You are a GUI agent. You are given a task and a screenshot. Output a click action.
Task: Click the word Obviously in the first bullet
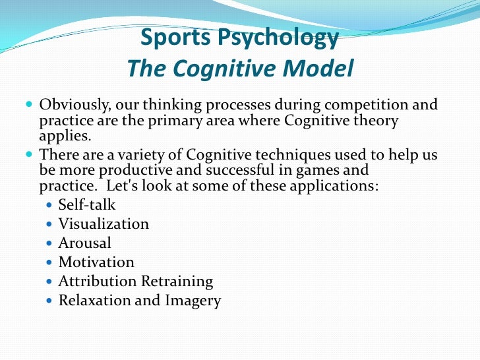(74, 105)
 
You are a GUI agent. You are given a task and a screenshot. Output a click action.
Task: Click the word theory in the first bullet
(375, 121)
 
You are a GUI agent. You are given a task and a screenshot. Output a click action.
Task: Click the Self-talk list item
(86, 204)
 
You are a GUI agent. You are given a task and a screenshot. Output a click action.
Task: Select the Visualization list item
(104, 224)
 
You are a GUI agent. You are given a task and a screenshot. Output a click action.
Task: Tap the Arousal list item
(84, 243)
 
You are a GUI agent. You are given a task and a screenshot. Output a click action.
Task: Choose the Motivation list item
(96, 262)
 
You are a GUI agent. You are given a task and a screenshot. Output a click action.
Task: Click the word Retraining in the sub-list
(177, 282)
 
